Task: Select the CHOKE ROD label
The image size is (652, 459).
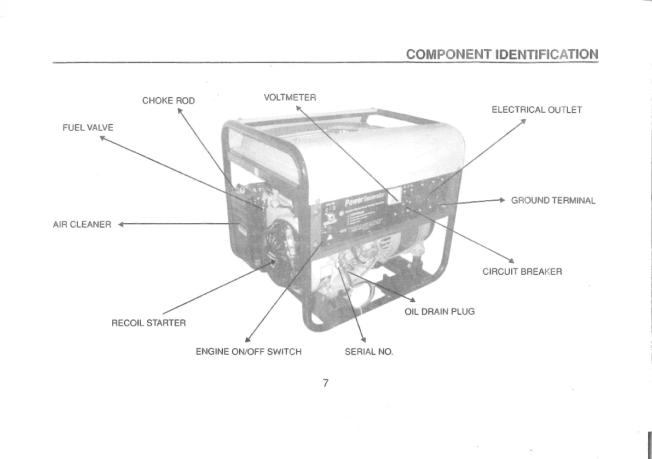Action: pyautogui.click(x=168, y=101)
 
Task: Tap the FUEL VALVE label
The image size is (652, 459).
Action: pyautogui.click(x=88, y=127)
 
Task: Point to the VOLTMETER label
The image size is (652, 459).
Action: pyautogui.click(x=290, y=98)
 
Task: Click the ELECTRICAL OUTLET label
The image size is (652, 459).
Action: pyautogui.click(x=536, y=109)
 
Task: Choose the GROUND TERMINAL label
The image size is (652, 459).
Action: pyautogui.click(x=553, y=200)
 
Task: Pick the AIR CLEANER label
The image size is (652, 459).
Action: pyautogui.click(x=82, y=224)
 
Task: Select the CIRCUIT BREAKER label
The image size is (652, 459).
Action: pyautogui.click(x=522, y=271)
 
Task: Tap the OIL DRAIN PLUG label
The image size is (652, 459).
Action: pyautogui.click(x=440, y=312)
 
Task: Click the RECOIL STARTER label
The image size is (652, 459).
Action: pyautogui.click(x=149, y=323)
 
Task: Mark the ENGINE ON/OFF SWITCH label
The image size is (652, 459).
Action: pyautogui.click(x=249, y=351)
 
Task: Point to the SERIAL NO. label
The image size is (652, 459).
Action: pyautogui.click(x=369, y=351)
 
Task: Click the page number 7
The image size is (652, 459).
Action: pyautogui.click(x=325, y=383)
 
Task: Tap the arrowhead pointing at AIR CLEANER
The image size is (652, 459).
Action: pyautogui.click(x=122, y=224)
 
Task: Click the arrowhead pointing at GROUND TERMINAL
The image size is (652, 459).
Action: pyautogui.click(x=501, y=200)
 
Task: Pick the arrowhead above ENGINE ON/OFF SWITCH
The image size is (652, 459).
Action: pyautogui.click(x=247, y=339)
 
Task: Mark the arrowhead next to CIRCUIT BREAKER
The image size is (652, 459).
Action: pyautogui.click(x=511, y=260)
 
